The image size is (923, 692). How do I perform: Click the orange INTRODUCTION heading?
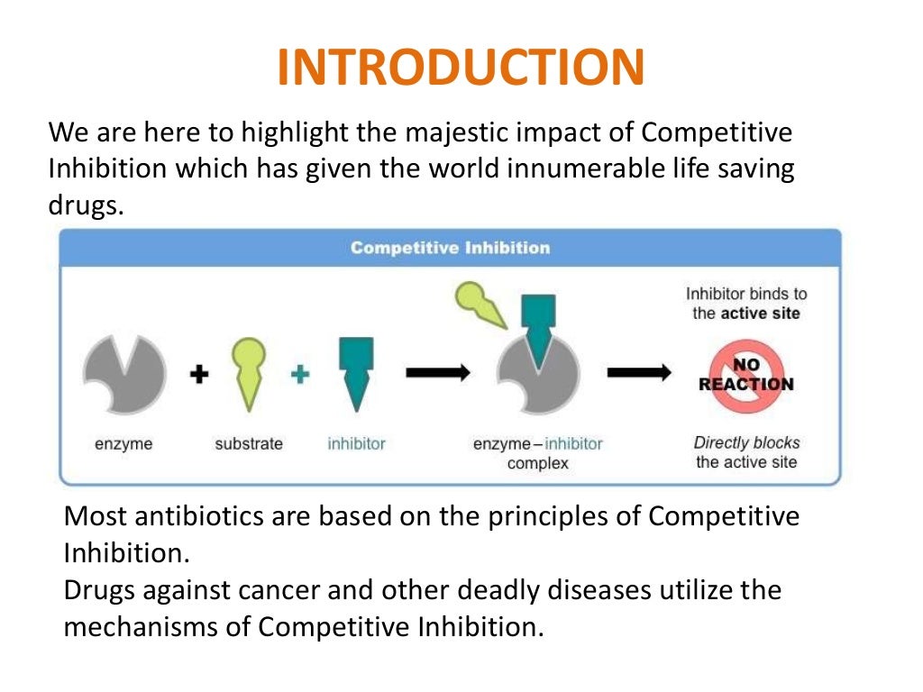(461, 68)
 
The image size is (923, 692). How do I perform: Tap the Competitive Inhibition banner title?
(450, 247)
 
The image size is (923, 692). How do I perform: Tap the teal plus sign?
(300, 374)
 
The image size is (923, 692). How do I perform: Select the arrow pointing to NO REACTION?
(638, 372)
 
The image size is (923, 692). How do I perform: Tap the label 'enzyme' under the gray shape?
(123, 444)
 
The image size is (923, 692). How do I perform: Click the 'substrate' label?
(249, 444)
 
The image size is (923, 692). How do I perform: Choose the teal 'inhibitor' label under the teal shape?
(356, 444)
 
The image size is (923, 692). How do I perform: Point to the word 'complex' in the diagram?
(538, 464)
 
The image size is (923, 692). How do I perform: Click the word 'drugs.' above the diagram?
(84, 205)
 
